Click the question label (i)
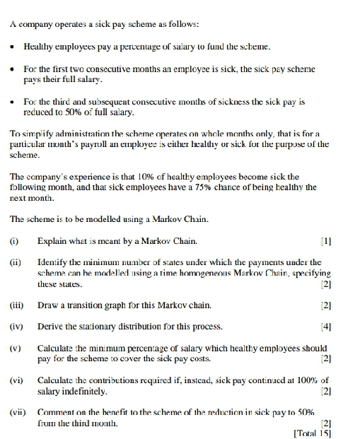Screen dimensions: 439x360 [13, 242]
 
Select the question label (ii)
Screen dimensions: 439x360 [15, 263]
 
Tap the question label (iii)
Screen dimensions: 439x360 [16, 305]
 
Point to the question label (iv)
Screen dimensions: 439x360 [16, 327]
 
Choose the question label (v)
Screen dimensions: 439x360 [15, 348]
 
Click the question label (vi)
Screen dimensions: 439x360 [16, 380]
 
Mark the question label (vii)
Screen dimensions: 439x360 [17, 411]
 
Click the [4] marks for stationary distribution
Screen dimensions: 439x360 [325, 327]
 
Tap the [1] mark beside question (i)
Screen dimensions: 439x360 [325, 242]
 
